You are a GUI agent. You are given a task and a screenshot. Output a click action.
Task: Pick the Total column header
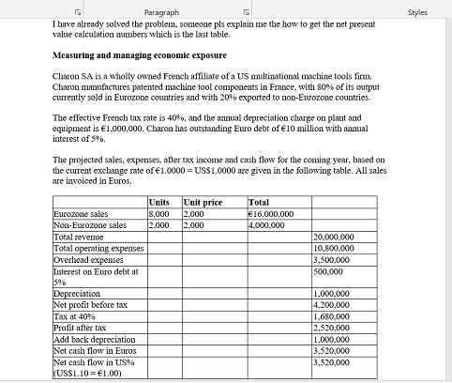tap(260, 203)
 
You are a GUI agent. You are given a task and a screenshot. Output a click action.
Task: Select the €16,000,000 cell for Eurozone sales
tap(271, 214)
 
